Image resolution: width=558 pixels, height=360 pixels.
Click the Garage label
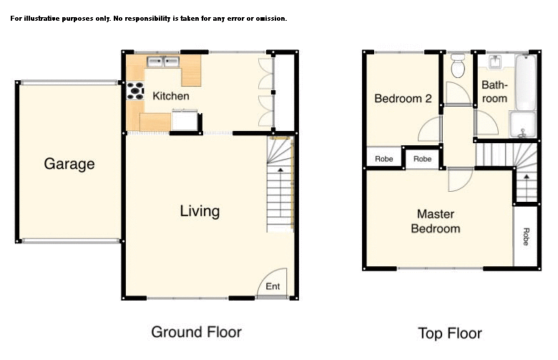tap(69, 164)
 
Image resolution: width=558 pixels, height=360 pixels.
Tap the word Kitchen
tap(170, 96)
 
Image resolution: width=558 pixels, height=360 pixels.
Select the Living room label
tap(200, 211)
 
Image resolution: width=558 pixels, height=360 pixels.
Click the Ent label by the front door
tap(273, 287)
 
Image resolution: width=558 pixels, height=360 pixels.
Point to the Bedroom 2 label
tap(403, 99)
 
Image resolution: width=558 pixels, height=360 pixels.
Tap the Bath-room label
tap(494, 91)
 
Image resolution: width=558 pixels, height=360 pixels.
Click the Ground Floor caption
tap(196, 332)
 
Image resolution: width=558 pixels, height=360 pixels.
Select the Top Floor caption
tap(450, 334)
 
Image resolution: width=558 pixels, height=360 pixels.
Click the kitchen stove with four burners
tap(135, 90)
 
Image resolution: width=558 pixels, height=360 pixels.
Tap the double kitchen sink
tap(162, 62)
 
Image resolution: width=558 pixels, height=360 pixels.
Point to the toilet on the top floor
tap(459, 66)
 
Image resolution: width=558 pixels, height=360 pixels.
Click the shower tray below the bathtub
tap(522, 125)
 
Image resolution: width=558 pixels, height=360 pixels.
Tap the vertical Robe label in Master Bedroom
tap(526, 237)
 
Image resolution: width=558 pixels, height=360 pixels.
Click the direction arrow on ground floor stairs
tap(280, 169)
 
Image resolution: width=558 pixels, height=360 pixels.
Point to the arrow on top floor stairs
tap(527, 176)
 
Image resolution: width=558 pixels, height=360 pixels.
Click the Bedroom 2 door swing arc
tap(429, 129)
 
